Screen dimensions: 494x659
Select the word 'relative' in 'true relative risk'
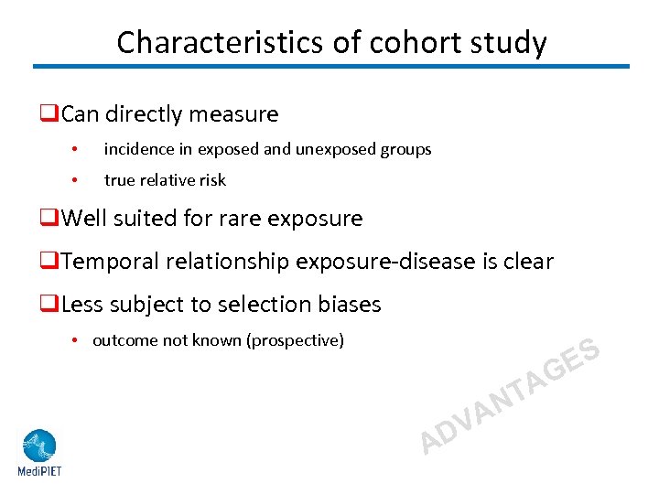[169, 180]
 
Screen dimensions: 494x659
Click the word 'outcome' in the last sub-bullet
[123, 340]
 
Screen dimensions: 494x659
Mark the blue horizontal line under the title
[331, 66]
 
